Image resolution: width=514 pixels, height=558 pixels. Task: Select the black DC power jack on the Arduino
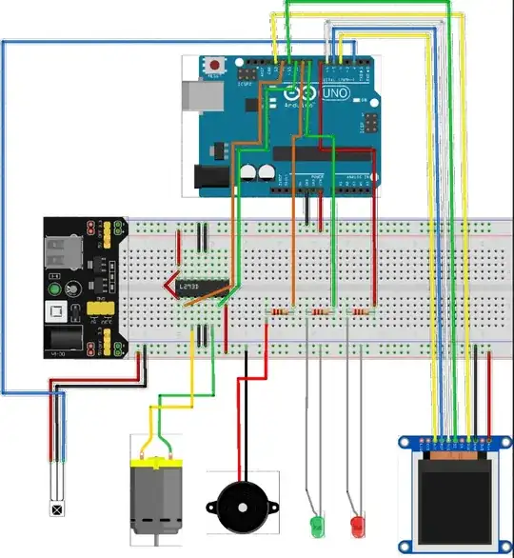pyautogui.click(x=209, y=175)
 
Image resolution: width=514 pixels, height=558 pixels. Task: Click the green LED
pyautogui.click(x=316, y=524)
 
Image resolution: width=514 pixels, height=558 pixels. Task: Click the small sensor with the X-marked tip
pyautogui.click(x=58, y=509)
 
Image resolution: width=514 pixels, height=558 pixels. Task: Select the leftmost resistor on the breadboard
pyautogui.click(x=279, y=311)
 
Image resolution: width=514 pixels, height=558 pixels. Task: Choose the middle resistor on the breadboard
pyautogui.click(x=320, y=311)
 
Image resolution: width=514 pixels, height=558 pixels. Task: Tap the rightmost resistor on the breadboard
pyautogui.click(x=361, y=311)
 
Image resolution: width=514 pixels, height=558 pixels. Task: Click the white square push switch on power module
pyautogui.click(x=55, y=311)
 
